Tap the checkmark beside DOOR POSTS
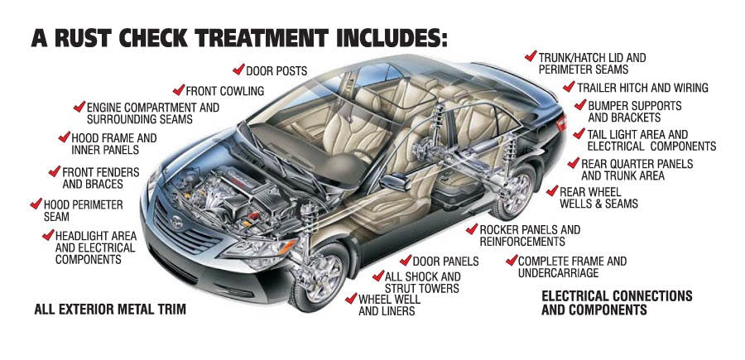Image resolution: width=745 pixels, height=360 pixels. pos(238,70)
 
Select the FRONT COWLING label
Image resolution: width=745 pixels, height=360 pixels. pos(224,91)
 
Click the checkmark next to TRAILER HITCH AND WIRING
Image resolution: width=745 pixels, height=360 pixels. pos(569,87)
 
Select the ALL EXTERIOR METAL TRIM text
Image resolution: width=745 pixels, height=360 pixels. pos(110,310)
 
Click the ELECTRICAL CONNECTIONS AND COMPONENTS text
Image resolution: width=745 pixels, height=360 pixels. pos(616,303)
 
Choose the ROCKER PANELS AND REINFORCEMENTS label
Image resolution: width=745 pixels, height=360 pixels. pos(531,236)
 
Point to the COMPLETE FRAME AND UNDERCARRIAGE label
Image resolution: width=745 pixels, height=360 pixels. pos(571,267)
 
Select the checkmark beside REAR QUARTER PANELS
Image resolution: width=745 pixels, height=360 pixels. pos(574,163)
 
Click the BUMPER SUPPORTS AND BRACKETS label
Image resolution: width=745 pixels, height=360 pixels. pos(634,113)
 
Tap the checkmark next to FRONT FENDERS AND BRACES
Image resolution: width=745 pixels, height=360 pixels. pos(55,172)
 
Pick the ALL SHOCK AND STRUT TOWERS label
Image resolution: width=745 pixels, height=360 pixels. pos(422,282)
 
